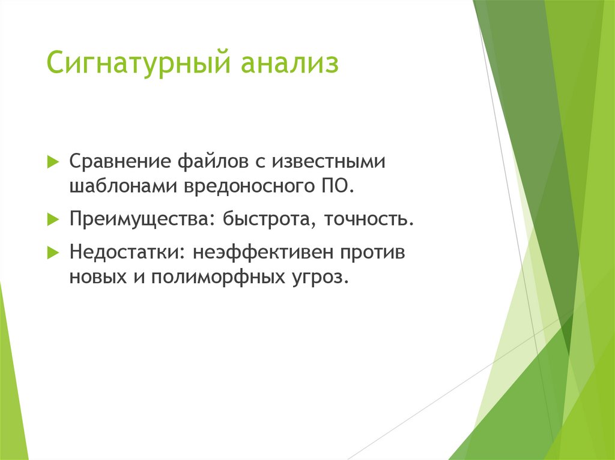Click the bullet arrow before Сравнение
53,161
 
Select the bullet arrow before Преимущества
53,219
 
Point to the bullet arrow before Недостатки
53,252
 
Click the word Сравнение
120,161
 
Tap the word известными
329,162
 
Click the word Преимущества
138,220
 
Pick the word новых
98,277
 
